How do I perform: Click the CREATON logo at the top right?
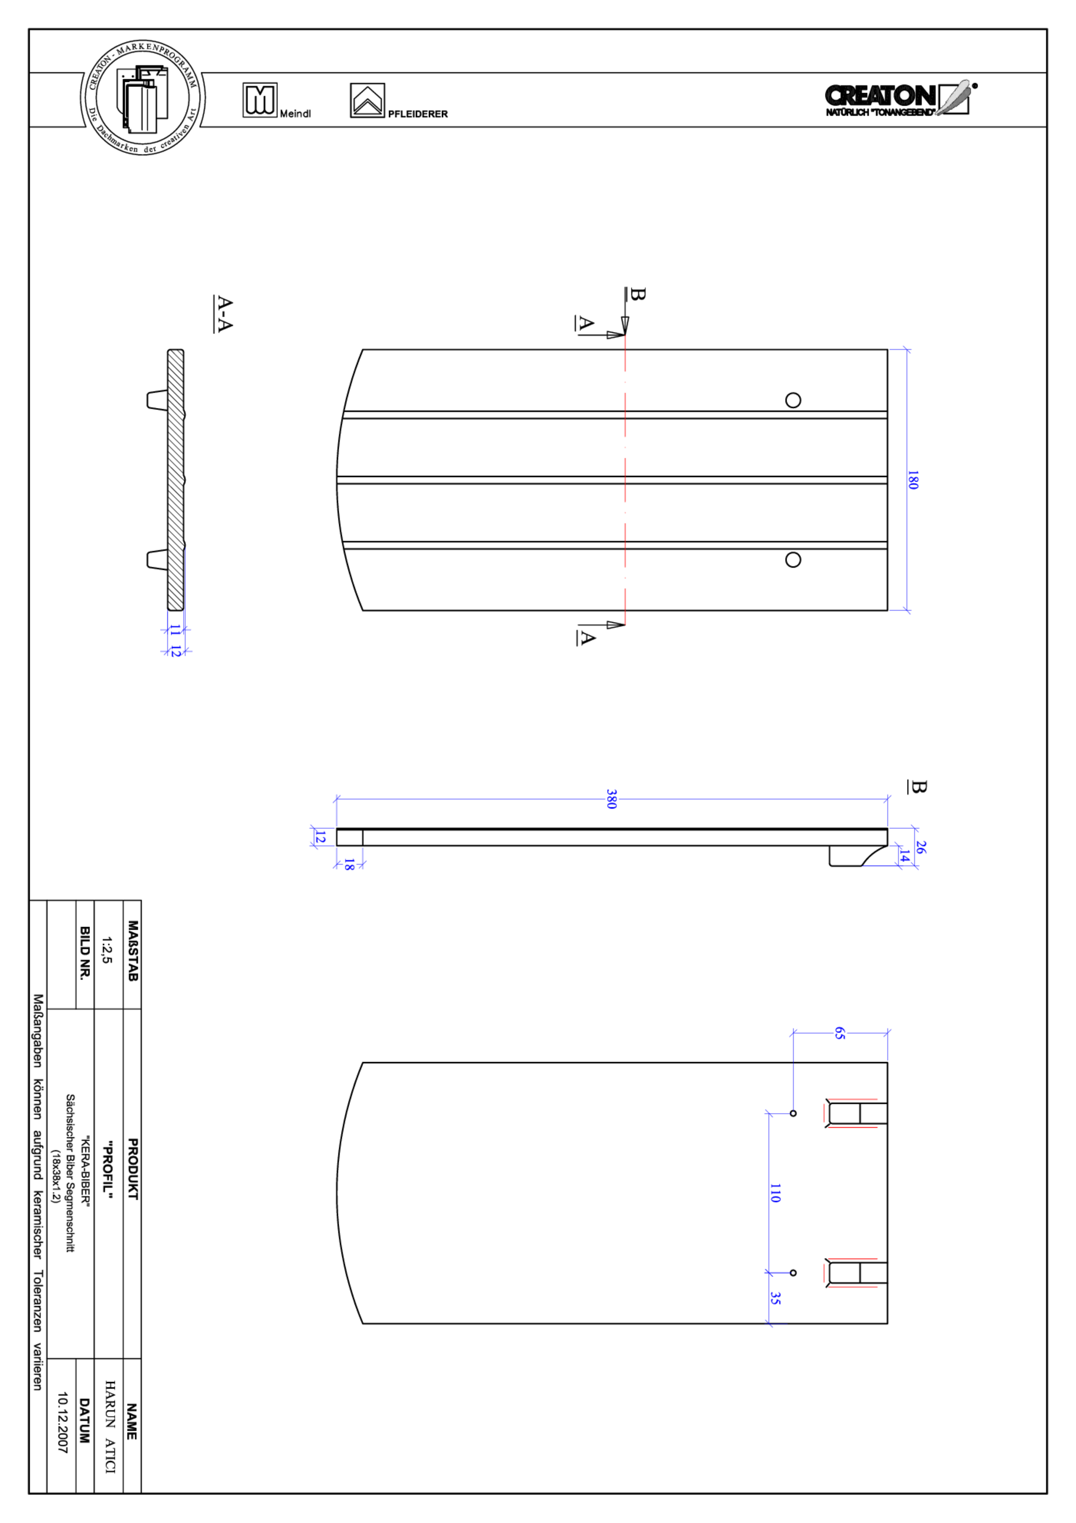tap(897, 99)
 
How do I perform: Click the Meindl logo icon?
tap(259, 100)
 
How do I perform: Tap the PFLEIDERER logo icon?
tap(367, 101)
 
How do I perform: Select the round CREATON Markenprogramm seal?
tap(143, 98)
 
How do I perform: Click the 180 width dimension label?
tap(913, 480)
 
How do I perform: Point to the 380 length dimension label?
tap(611, 800)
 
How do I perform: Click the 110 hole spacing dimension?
tap(775, 1193)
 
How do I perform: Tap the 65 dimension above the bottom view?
tap(839, 1033)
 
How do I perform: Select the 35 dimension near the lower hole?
tap(775, 1298)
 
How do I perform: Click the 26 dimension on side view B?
tap(920, 847)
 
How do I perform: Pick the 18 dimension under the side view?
tap(349, 864)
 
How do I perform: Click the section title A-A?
tap(224, 314)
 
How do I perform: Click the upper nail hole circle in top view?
tap(793, 400)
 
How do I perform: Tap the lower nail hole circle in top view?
tap(793, 560)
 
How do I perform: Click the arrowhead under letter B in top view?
tap(624, 325)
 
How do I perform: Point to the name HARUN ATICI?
tap(110, 1427)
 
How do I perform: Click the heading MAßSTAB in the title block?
tap(133, 951)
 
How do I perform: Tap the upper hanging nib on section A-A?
tap(156, 400)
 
